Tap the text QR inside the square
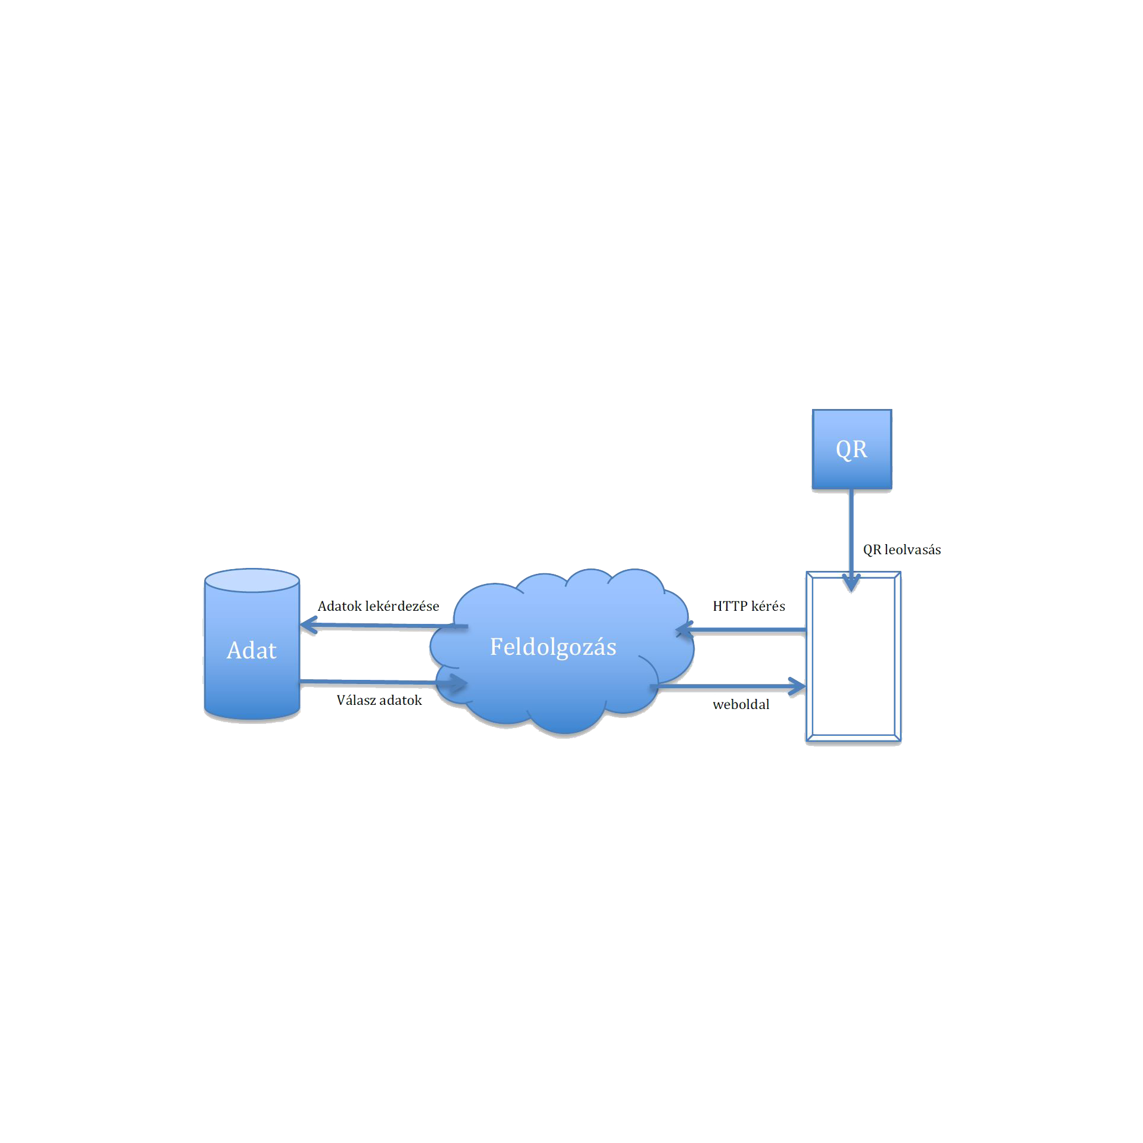851,449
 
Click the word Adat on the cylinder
251,651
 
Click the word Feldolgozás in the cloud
552,647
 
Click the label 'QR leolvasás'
901,549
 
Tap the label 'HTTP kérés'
749,606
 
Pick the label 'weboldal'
741,705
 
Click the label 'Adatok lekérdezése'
378,606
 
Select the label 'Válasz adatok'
379,700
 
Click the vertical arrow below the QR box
852,530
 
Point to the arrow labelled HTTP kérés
744,632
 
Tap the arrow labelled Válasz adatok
381,682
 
